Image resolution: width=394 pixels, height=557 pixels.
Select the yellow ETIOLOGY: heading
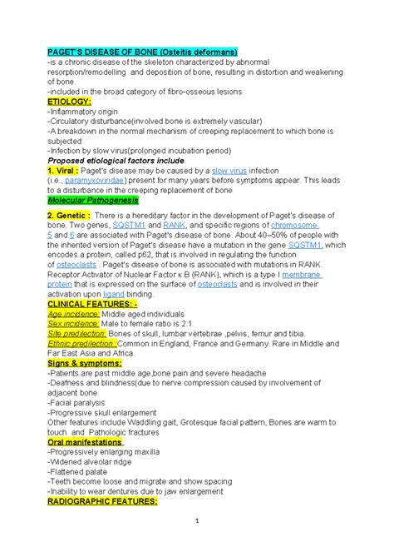74,100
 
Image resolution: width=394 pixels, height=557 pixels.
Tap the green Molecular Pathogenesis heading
93,201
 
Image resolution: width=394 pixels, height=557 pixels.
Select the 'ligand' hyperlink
114,293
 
